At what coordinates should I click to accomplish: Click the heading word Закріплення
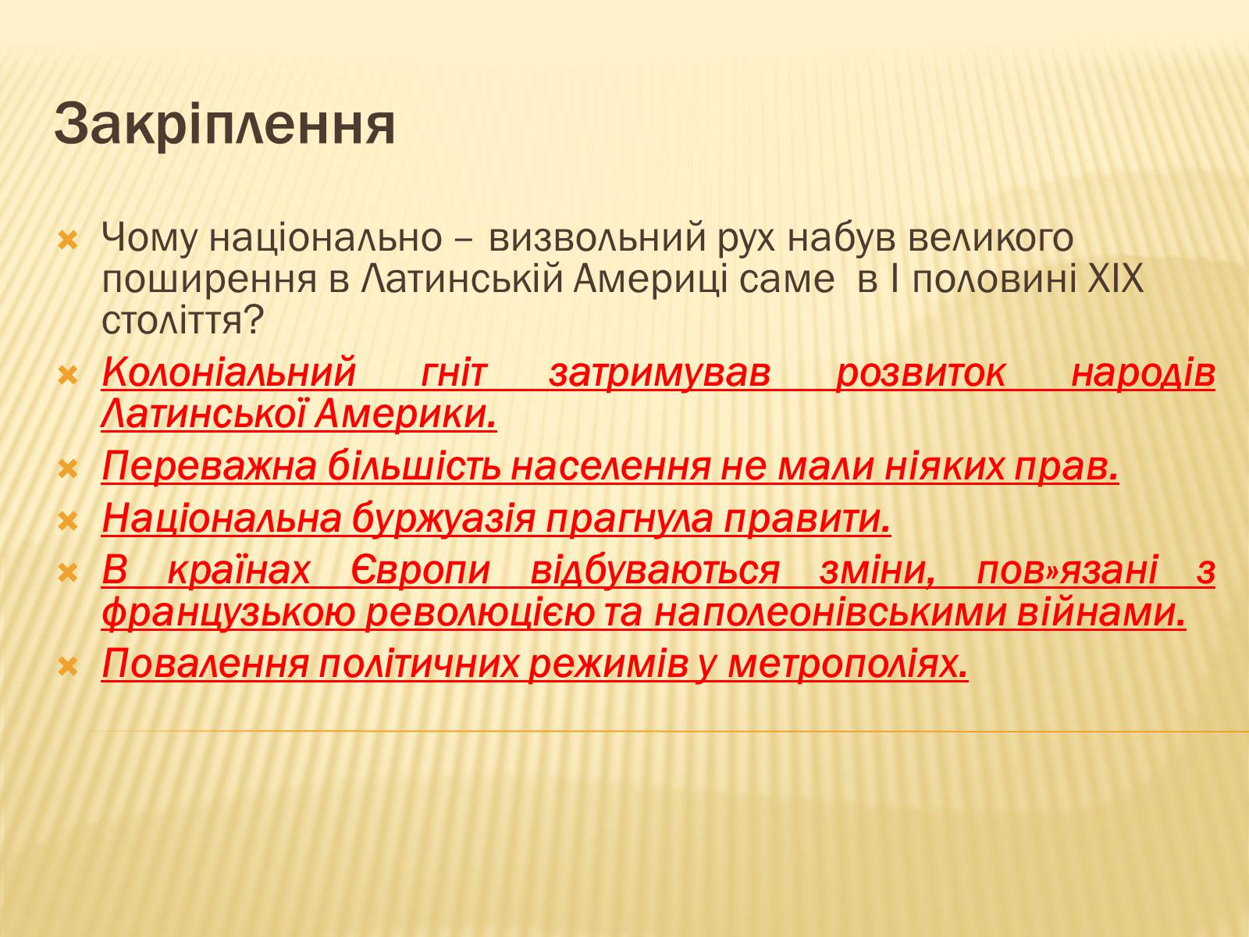[225, 124]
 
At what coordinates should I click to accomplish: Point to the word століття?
[182, 321]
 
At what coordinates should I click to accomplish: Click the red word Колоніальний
[230, 373]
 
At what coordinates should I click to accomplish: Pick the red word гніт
[454, 373]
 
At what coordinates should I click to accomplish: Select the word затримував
[660, 374]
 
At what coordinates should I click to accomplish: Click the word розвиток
[920, 374]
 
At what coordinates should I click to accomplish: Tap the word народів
[1143, 374]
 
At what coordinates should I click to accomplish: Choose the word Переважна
[209, 466]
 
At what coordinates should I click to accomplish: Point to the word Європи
[419, 571]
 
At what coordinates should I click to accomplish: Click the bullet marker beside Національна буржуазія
[68, 521]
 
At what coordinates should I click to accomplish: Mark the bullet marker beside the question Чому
[68, 241]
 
